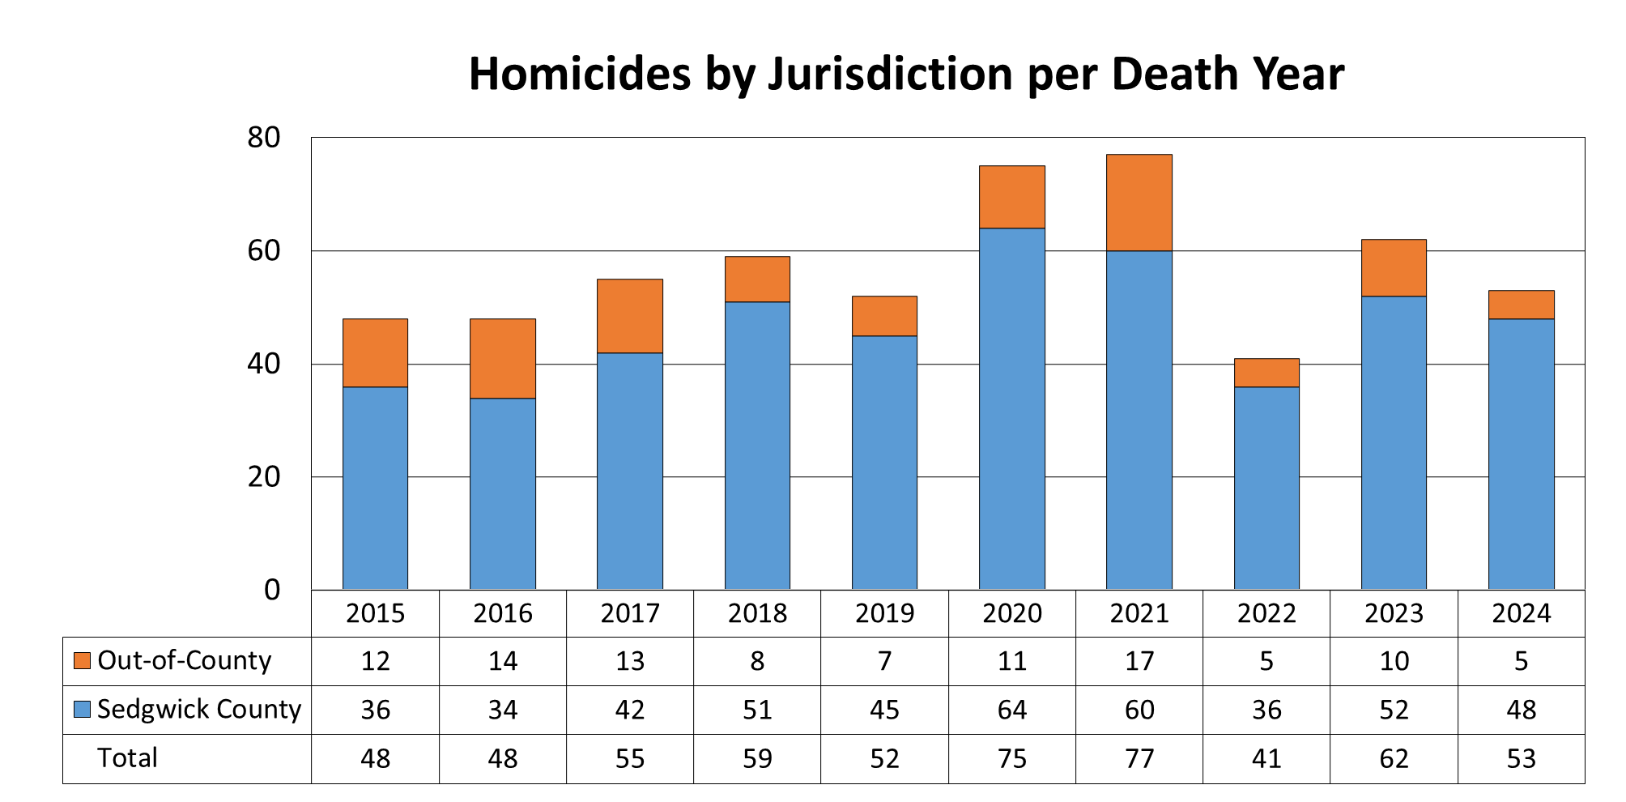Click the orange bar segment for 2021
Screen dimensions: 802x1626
coord(1139,203)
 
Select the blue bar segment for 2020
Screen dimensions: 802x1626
coord(1011,408)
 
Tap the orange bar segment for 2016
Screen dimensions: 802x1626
coord(502,358)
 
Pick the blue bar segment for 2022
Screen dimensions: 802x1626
coord(1266,488)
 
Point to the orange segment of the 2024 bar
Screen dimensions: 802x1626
coord(1521,305)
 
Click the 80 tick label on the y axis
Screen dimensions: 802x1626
coord(264,138)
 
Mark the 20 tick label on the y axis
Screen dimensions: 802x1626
coord(264,477)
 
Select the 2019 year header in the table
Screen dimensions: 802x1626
coord(884,613)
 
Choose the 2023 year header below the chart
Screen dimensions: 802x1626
coord(1394,613)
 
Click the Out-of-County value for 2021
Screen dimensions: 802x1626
coord(1139,661)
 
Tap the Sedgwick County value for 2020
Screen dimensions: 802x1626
coord(1011,710)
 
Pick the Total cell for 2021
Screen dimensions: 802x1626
coord(1139,758)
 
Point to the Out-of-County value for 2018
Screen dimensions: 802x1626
coord(757,661)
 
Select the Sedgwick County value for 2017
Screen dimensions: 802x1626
coord(630,710)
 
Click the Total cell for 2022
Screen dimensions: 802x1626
coord(1266,758)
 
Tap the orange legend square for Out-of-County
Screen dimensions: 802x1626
coord(82,660)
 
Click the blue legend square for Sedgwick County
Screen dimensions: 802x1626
coord(82,709)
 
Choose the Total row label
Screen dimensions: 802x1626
coord(127,757)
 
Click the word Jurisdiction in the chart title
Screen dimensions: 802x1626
coord(890,75)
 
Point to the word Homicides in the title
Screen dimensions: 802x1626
coord(579,75)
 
